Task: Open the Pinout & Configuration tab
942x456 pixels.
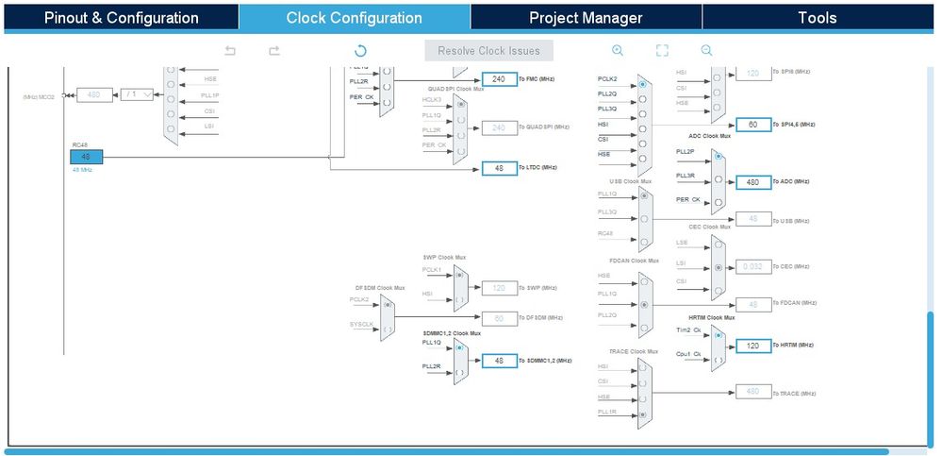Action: point(121,18)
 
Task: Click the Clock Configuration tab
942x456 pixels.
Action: point(354,18)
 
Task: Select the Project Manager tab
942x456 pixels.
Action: point(586,18)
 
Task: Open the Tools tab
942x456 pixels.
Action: point(817,18)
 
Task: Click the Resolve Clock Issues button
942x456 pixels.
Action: point(488,50)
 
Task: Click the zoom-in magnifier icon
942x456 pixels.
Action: point(618,51)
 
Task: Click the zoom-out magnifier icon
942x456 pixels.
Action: point(706,51)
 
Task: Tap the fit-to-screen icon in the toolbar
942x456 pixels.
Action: point(662,51)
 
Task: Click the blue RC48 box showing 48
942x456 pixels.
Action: point(86,157)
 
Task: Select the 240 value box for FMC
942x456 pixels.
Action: point(499,79)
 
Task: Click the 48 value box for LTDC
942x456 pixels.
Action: point(499,168)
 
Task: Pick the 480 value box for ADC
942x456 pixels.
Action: point(752,181)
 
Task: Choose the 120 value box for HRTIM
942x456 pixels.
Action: point(752,346)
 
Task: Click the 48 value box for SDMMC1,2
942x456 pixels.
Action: point(499,360)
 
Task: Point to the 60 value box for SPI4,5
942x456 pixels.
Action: point(752,125)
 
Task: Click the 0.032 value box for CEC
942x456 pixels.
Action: point(752,266)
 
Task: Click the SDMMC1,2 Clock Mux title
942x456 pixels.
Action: point(451,333)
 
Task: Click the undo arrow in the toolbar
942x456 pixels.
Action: point(230,51)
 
